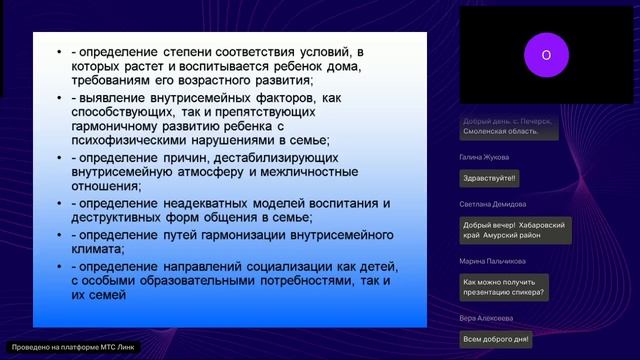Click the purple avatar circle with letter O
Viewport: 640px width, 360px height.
coord(546,56)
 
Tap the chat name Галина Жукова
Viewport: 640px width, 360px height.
coord(486,157)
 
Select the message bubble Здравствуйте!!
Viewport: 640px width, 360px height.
coord(489,179)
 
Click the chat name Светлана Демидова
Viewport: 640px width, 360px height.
coord(493,204)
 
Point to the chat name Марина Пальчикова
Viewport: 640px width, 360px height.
coord(493,261)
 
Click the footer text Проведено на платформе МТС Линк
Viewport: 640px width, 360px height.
coord(71,347)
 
